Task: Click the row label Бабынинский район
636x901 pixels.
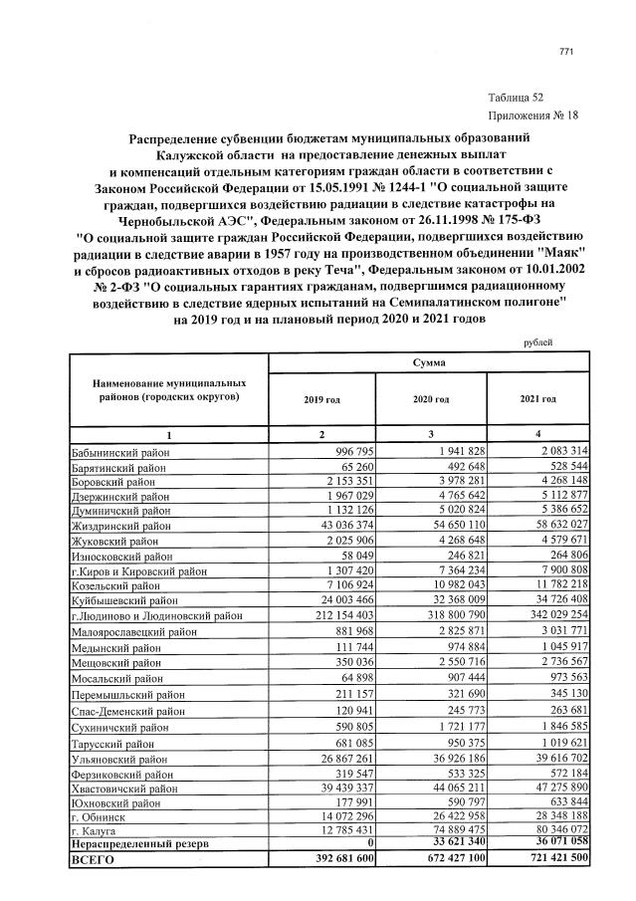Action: click(x=120, y=452)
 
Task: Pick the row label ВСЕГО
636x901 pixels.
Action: click(x=96, y=858)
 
